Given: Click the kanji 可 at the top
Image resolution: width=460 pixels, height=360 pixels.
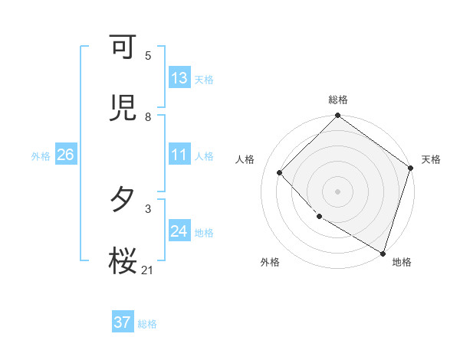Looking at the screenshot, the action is coord(123,47).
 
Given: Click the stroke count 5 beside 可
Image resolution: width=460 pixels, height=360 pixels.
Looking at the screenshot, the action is coord(148,56).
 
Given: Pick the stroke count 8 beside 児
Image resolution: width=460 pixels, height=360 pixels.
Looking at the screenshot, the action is coord(148,117).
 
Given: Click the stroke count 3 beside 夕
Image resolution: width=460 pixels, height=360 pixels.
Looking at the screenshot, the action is coord(148,208).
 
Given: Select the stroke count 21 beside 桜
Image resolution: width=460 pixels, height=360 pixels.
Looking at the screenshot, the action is coord(148,270).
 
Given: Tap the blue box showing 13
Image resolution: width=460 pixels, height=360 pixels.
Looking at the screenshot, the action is coord(179,78).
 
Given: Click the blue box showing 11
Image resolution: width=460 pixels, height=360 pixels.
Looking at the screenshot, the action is coord(179,155).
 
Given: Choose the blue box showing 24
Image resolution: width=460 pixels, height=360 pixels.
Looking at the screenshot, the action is coord(179,231).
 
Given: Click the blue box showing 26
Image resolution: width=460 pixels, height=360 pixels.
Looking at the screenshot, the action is coord(65,155).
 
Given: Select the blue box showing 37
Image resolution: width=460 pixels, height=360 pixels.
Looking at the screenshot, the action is coord(123,322).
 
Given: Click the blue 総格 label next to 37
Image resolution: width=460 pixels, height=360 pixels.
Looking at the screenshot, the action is coord(147,323).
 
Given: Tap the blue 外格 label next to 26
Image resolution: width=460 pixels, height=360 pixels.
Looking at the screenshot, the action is coord(41,155).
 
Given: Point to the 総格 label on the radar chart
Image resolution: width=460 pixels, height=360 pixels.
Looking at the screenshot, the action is coord(338,100).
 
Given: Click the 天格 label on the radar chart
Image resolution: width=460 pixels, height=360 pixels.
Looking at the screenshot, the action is coord(431,159).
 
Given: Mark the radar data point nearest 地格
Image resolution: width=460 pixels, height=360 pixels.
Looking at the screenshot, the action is coord(383,251).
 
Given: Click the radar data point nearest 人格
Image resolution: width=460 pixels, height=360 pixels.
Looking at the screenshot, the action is coord(280,172).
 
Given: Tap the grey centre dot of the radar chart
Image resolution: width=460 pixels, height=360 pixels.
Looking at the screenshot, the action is coord(338,191).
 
